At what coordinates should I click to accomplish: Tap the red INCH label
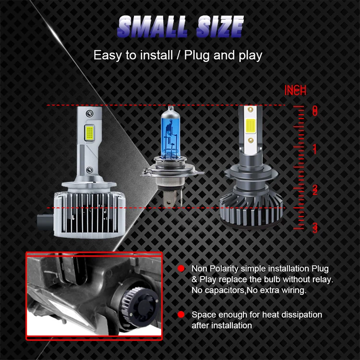(295, 90)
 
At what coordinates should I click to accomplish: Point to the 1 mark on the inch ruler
(314, 149)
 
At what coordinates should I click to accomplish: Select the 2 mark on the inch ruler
(314, 190)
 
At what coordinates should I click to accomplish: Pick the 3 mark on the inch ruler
(314, 228)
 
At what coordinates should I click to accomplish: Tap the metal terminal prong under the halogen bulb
(172, 195)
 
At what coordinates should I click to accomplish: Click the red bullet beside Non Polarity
(181, 268)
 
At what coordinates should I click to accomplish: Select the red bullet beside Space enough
(181, 315)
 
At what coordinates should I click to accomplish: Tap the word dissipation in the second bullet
(300, 315)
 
